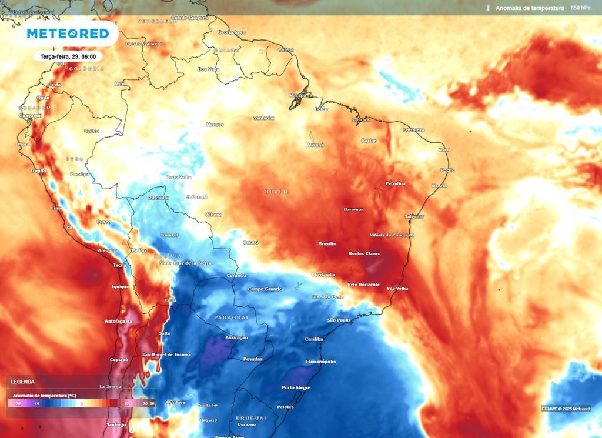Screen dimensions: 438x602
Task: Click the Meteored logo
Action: pos(68,34)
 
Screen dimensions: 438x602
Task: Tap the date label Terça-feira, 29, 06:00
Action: pos(68,56)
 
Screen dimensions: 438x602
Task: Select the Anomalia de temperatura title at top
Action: pos(530,8)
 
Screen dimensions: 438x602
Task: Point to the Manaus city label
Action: pos(215,125)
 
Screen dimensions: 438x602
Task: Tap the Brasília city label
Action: pos(327,243)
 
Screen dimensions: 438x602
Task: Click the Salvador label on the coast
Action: pos(414,216)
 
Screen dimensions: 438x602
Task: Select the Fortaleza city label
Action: pos(414,130)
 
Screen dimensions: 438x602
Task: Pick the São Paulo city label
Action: pos(339,320)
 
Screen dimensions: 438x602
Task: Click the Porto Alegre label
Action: pos(296,387)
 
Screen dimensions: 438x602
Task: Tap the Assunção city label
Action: pos(236,337)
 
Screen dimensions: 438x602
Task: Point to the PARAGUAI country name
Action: pos(232,317)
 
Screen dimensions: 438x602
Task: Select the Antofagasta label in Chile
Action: pos(118,321)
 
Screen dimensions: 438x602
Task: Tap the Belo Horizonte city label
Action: pos(363,284)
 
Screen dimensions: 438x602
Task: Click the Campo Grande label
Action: pos(264,289)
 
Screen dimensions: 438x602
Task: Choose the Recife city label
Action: pos(447,170)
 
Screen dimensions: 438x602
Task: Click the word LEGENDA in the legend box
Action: pos(22,382)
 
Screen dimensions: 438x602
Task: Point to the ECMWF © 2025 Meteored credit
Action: pos(566,409)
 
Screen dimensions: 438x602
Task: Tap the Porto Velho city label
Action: pos(178,177)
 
